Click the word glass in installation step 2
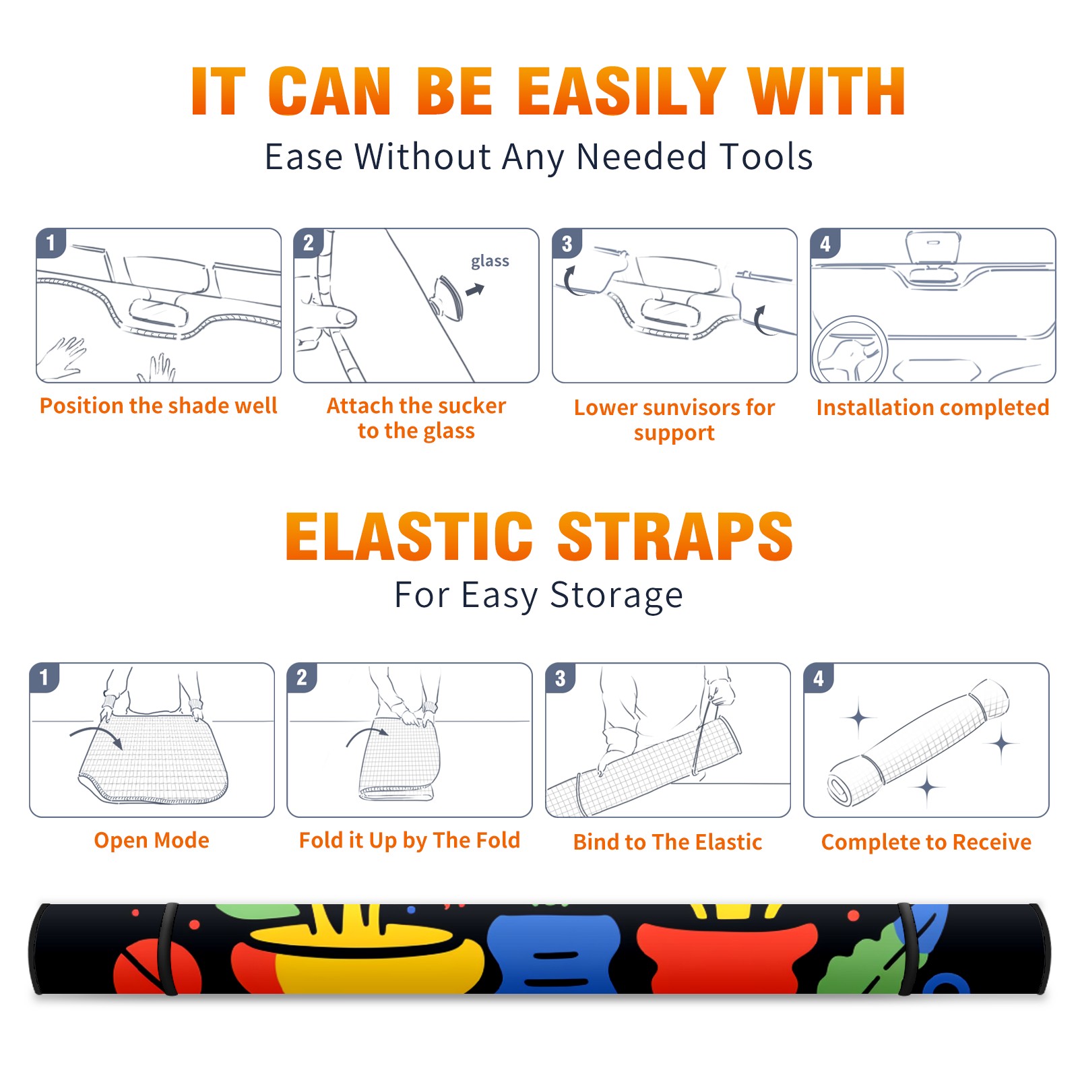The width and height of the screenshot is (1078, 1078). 490,261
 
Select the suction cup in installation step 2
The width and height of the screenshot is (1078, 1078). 447,296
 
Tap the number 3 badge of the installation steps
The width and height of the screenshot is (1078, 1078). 567,243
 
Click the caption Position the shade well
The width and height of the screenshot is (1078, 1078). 158,406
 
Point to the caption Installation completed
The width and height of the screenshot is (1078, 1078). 932,408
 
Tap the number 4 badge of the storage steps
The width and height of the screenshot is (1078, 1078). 819,678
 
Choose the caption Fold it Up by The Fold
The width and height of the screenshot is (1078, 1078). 410,840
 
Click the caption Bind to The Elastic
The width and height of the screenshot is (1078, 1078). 668,842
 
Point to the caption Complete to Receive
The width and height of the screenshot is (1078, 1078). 926,842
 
